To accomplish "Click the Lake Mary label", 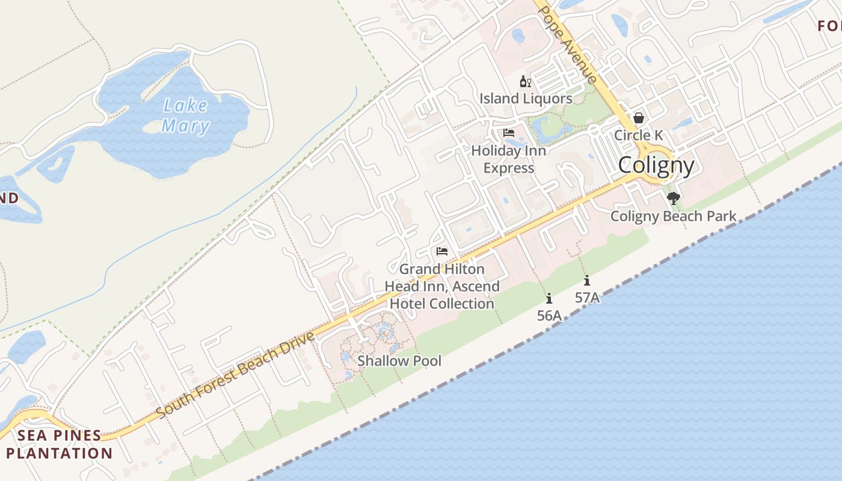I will (186, 116).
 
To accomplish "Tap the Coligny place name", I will (656, 165).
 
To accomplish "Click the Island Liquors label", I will (526, 98).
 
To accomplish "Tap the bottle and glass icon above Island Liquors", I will (525, 81).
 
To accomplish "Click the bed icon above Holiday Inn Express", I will (509, 133).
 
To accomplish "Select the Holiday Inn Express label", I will (509, 159).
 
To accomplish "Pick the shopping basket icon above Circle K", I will (639, 118).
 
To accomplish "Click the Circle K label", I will (638, 135).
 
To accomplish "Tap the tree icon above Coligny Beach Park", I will (673, 198).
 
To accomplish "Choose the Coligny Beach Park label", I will (673, 216).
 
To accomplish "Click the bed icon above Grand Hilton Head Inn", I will (442, 251).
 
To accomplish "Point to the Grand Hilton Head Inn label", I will (442, 286).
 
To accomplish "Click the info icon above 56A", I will (549, 298).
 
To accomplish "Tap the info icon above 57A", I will (587, 280).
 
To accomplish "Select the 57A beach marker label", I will (587, 297).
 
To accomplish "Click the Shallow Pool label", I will (399, 361).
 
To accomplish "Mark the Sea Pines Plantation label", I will (59, 444).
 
